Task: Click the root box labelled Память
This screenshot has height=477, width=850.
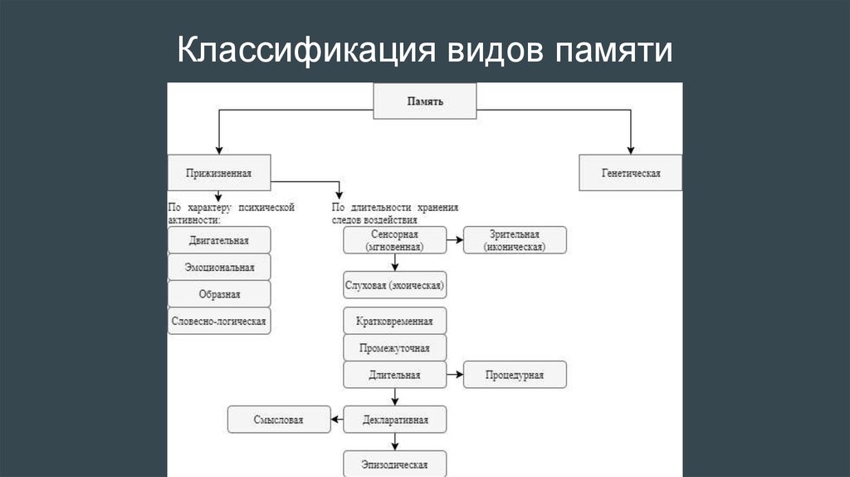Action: (425, 101)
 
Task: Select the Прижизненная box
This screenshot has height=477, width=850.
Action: (219, 174)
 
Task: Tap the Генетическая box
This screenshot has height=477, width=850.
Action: (631, 174)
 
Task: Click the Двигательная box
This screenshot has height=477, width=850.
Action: (219, 240)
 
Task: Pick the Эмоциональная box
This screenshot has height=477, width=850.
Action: (219, 267)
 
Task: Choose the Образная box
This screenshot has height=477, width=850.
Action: (219, 293)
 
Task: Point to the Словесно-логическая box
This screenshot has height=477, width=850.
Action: (219, 320)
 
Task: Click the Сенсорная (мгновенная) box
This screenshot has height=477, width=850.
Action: (395, 240)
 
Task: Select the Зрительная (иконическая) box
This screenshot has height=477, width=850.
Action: (515, 240)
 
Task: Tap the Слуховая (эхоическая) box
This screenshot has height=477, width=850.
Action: (395, 286)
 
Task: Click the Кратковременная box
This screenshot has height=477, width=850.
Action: (395, 321)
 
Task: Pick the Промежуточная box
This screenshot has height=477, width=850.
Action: (395, 347)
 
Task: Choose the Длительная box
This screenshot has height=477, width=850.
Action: (395, 375)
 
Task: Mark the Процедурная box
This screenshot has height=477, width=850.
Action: (515, 375)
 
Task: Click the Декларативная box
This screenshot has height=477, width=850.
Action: (395, 420)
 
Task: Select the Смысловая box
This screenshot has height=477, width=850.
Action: (279, 420)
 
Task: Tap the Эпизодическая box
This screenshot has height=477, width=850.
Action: (395, 463)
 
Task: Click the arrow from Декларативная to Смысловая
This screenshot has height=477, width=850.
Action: (336, 420)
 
